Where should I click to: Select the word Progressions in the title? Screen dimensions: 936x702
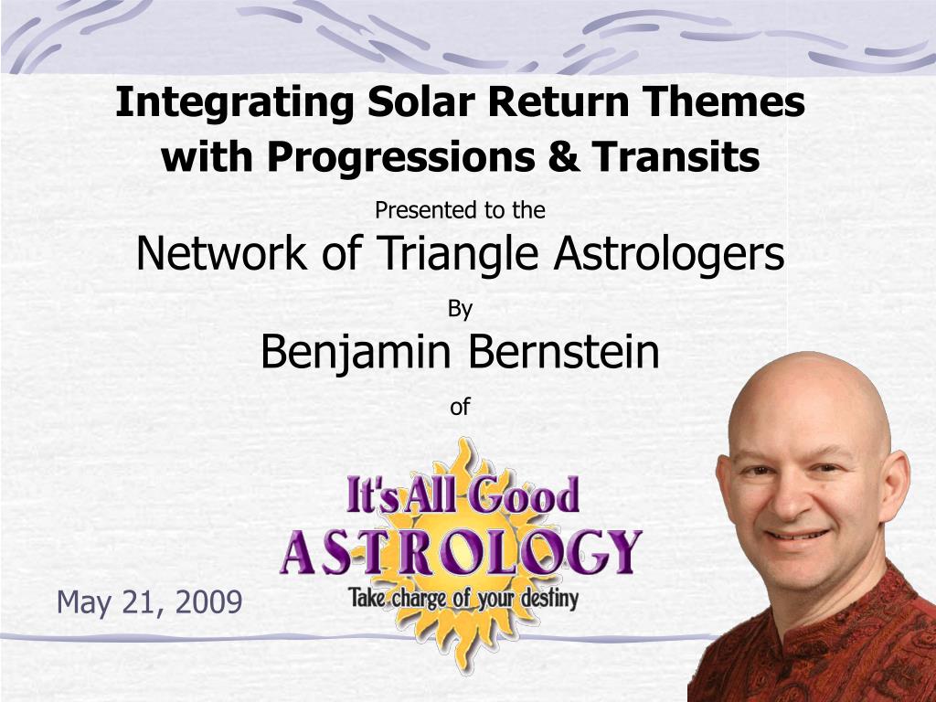coord(400,158)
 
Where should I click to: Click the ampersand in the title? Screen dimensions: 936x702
coord(563,157)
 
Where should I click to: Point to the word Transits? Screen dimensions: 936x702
coord(675,157)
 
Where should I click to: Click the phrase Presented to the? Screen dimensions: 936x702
coord(461,210)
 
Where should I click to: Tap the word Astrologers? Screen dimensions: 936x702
coord(668,253)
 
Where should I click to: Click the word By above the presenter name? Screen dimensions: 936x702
coord(461,310)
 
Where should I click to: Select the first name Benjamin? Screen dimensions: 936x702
coord(356,353)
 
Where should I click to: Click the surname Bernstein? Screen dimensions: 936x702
coord(563,351)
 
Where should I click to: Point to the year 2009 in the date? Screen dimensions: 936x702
coord(209,601)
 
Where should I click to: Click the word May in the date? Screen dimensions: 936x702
coord(83,603)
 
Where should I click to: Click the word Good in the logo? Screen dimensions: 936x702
coord(523,495)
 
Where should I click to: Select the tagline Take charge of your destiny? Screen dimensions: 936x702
coord(463,598)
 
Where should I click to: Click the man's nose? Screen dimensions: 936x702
coord(792,502)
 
